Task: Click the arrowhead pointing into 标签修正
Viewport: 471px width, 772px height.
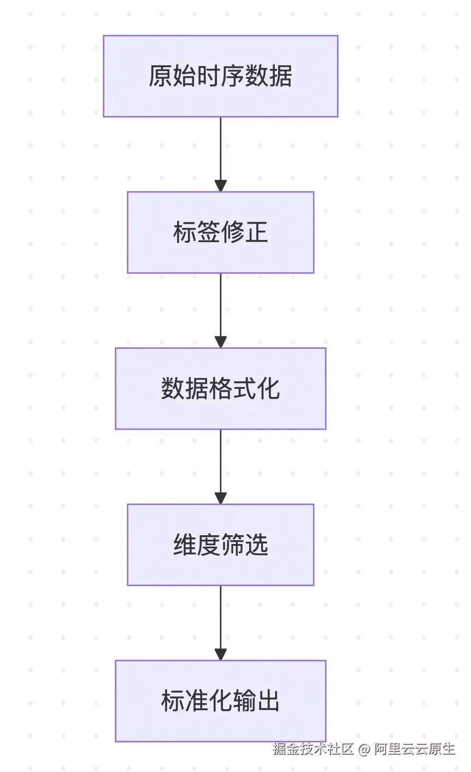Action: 220,185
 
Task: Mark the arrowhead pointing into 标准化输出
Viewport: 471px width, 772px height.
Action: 220,654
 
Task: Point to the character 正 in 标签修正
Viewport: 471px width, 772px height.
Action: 256,232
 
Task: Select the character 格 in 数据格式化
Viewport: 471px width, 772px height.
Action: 220,389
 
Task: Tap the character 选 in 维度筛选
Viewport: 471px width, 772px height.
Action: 256,545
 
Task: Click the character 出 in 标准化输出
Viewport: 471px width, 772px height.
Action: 268,701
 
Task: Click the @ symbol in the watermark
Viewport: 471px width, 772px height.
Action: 364,749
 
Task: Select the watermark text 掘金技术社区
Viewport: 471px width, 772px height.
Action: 314,749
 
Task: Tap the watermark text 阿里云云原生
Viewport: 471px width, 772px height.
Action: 414,749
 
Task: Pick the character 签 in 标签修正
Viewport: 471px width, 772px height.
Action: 209,232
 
